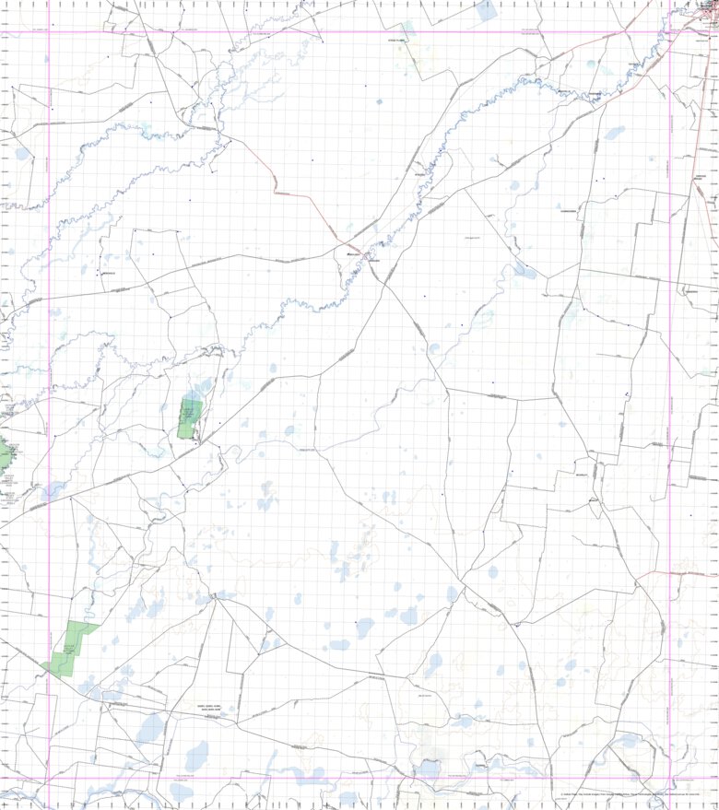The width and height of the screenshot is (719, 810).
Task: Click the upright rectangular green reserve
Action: [x=190, y=418]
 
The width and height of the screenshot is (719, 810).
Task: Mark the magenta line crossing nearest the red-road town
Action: [x=669, y=32]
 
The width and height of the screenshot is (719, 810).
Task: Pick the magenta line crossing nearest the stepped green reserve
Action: [x=49, y=779]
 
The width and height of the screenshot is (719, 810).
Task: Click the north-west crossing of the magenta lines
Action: [x=49, y=32]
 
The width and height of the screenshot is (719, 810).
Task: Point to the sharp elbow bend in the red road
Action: [x=275, y=191]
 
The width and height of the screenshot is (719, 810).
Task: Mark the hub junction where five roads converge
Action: [x=215, y=597]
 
